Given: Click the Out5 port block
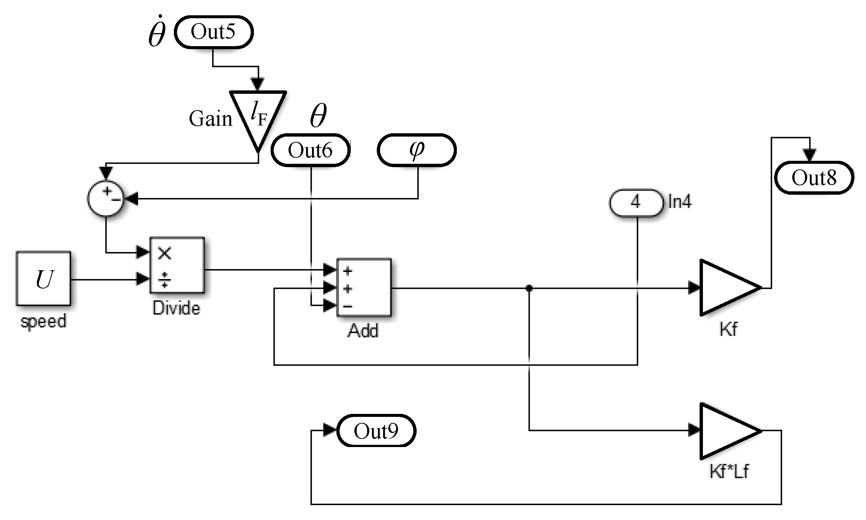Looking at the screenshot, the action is click(x=214, y=32).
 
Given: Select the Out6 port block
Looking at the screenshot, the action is click(x=311, y=150).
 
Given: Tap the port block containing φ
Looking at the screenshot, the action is click(x=417, y=150).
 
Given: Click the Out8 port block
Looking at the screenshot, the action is click(x=814, y=178).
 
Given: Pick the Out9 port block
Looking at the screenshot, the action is click(x=376, y=431).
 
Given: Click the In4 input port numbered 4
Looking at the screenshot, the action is click(x=636, y=202).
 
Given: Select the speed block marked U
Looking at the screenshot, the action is click(x=44, y=279).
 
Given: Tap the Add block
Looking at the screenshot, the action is click(x=364, y=287).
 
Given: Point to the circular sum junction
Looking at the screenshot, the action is click(x=106, y=198).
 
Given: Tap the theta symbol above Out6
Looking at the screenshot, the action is click(x=318, y=115).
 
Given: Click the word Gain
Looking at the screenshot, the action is click(x=210, y=119).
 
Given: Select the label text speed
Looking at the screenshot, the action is click(x=44, y=321).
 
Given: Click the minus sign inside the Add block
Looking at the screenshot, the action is click(x=348, y=306).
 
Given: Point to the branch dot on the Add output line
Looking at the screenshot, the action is click(x=529, y=288).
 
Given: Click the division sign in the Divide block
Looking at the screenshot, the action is click(x=164, y=280).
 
